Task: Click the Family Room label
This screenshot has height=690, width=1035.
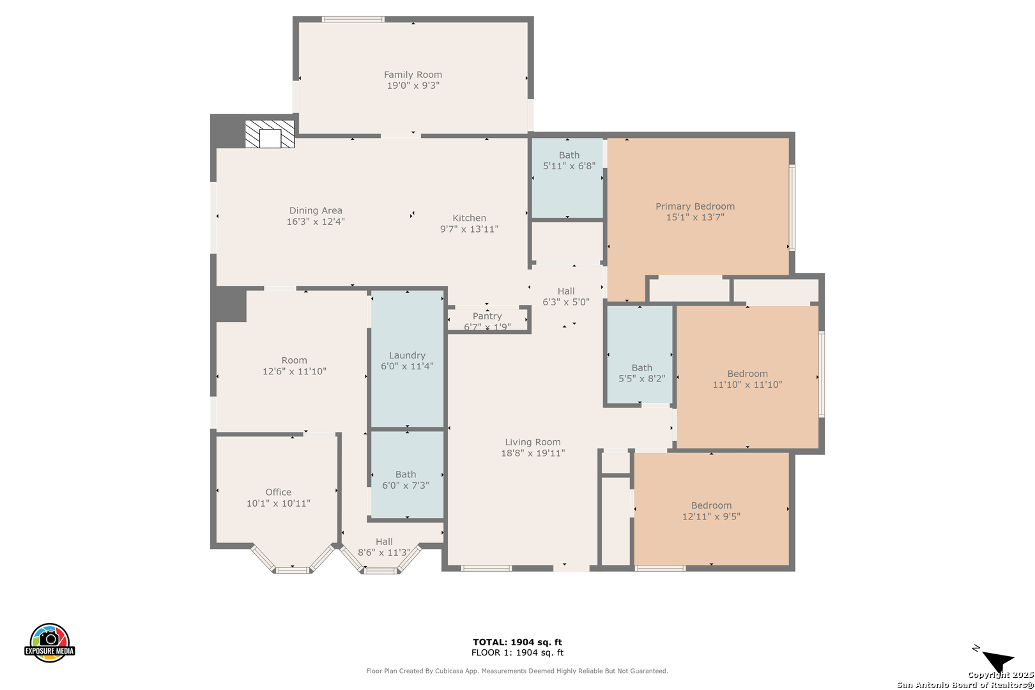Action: pos(413,75)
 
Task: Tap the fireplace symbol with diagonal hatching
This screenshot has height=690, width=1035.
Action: pos(270,134)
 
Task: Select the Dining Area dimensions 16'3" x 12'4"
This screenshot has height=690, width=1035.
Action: pos(316,222)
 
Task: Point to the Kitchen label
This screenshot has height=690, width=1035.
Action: pos(469,218)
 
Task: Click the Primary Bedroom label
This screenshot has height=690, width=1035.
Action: pos(695,206)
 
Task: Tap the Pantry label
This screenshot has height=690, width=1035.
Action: pos(487,316)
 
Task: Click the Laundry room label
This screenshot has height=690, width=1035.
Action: pos(407,355)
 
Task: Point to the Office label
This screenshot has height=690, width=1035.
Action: pos(278,492)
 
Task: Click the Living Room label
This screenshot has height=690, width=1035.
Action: pos(533,442)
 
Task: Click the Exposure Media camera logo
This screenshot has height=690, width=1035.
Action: pos(49,642)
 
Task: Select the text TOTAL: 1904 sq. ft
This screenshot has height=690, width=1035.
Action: pos(517,642)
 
